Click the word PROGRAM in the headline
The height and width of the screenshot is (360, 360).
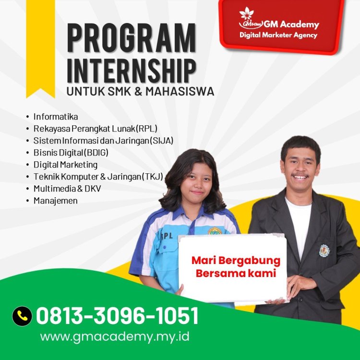[131, 38]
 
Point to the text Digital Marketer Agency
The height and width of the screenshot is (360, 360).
[278, 35]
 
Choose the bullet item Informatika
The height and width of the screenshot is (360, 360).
[56, 117]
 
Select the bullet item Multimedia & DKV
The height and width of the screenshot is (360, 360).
[67, 189]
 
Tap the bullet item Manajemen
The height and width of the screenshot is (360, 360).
[55, 201]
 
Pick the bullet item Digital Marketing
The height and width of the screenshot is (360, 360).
[65, 165]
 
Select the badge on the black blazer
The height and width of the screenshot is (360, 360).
[325, 251]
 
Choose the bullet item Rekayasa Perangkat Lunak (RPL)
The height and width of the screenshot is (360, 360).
[96, 129]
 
